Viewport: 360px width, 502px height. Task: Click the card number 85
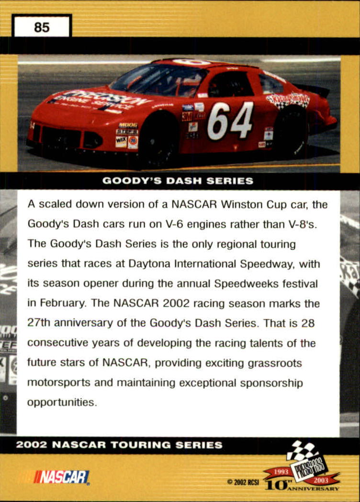[42, 27]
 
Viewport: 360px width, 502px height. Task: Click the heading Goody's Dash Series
[178, 181]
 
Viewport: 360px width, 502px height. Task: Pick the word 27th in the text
[41, 323]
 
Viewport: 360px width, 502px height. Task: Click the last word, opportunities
[62, 402]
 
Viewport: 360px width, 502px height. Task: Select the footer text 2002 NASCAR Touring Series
[119, 445]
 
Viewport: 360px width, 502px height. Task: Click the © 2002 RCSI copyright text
[243, 482]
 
